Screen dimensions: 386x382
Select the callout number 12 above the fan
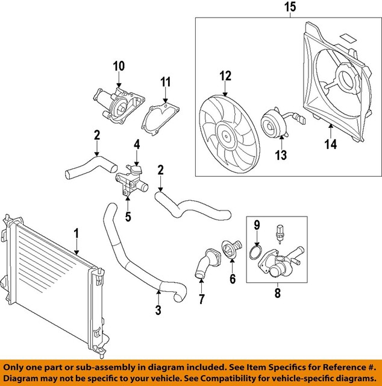tap(225, 77)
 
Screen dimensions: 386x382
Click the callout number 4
tap(137, 145)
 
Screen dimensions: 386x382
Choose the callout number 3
tap(158, 311)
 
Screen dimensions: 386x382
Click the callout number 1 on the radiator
tap(77, 232)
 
